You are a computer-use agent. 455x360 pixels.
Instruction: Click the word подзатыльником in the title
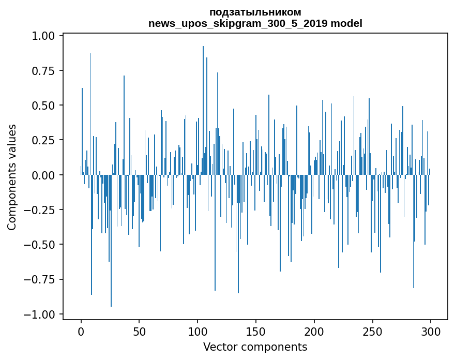point(255,12)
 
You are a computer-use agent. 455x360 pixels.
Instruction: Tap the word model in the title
point(348,23)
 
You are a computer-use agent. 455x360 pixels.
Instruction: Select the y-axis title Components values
point(12,177)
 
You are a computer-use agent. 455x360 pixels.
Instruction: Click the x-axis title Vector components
point(255,347)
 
